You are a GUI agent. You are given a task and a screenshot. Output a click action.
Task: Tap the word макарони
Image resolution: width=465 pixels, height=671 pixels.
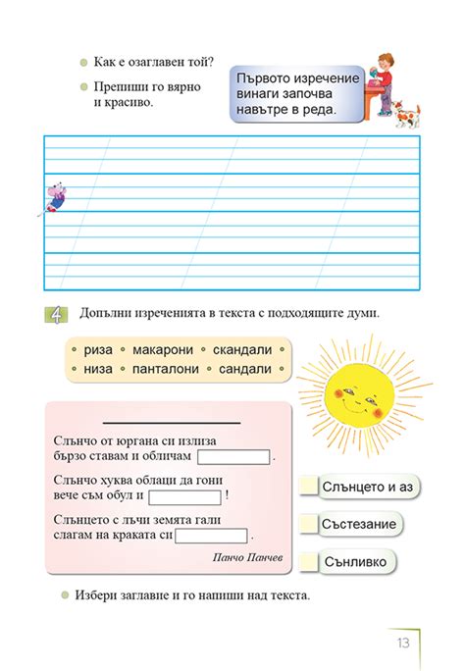(x=157, y=349)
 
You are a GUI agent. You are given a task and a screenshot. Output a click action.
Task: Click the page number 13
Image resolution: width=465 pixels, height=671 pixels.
(x=403, y=643)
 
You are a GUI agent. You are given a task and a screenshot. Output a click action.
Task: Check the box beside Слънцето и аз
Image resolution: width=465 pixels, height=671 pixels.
(x=309, y=487)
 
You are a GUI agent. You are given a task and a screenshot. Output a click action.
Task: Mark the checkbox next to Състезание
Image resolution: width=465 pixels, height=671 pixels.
(x=309, y=524)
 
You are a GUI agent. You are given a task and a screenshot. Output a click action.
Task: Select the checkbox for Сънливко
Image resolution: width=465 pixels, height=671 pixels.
(x=309, y=561)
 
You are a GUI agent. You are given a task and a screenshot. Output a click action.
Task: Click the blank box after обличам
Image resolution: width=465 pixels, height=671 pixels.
(x=233, y=456)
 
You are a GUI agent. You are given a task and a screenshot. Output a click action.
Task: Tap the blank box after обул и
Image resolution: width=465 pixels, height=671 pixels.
(x=184, y=495)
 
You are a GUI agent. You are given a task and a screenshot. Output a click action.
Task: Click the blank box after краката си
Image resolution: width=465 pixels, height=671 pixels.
(x=211, y=536)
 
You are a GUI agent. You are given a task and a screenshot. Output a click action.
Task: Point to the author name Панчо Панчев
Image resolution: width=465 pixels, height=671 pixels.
(x=246, y=557)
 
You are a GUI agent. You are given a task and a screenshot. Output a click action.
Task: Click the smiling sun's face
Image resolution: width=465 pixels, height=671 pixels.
(x=354, y=397)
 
